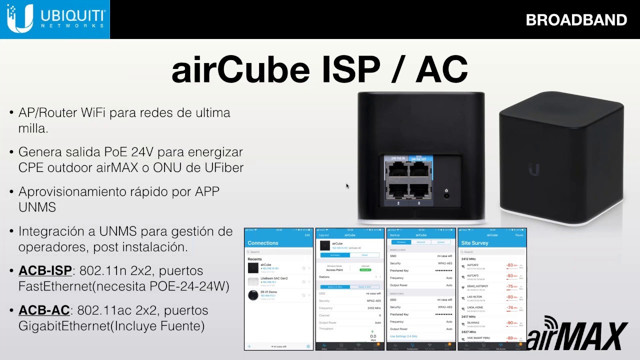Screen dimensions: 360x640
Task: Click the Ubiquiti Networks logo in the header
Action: coord(54,19)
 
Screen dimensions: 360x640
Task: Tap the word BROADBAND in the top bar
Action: coord(576,20)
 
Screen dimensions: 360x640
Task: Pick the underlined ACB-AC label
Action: coord(44,310)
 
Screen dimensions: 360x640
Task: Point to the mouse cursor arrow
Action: coord(347,185)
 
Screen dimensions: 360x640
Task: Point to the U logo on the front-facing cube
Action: coord(534,169)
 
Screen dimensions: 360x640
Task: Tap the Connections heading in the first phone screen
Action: coord(263,243)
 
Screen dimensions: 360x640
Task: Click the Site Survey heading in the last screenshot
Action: coord(475,243)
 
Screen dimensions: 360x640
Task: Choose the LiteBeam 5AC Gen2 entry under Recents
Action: coord(274,278)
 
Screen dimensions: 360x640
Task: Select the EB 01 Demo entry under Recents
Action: coord(269,292)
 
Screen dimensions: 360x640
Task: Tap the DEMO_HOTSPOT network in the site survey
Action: coord(477,286)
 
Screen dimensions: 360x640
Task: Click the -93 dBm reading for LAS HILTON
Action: coord(511,297)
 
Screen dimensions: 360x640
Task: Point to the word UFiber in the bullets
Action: coord(224,167)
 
